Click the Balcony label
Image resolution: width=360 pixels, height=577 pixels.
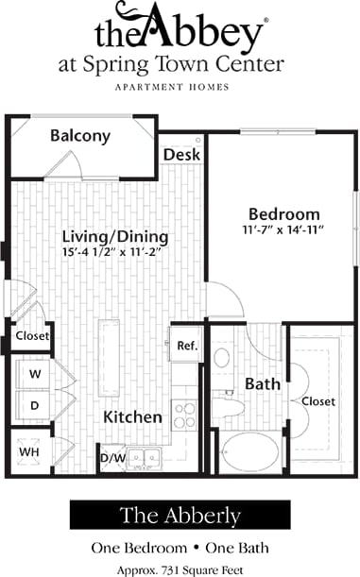79,136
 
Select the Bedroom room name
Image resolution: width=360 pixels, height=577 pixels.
283,213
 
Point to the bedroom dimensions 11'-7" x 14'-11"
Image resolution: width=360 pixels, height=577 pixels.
283,230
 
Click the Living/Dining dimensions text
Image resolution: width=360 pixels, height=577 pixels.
114,252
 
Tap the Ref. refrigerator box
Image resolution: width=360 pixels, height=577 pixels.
186,346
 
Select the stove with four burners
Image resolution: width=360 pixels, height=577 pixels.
185,413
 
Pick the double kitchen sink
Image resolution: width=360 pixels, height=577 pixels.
144,459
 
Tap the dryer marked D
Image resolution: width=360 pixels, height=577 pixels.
35,405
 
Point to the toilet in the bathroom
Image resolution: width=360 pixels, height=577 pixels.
222,360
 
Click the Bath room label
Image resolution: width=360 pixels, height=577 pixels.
262,384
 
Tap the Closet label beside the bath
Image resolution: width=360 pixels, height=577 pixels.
317,401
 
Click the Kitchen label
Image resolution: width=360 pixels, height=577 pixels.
132,416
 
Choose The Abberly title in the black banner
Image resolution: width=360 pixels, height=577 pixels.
180,516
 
